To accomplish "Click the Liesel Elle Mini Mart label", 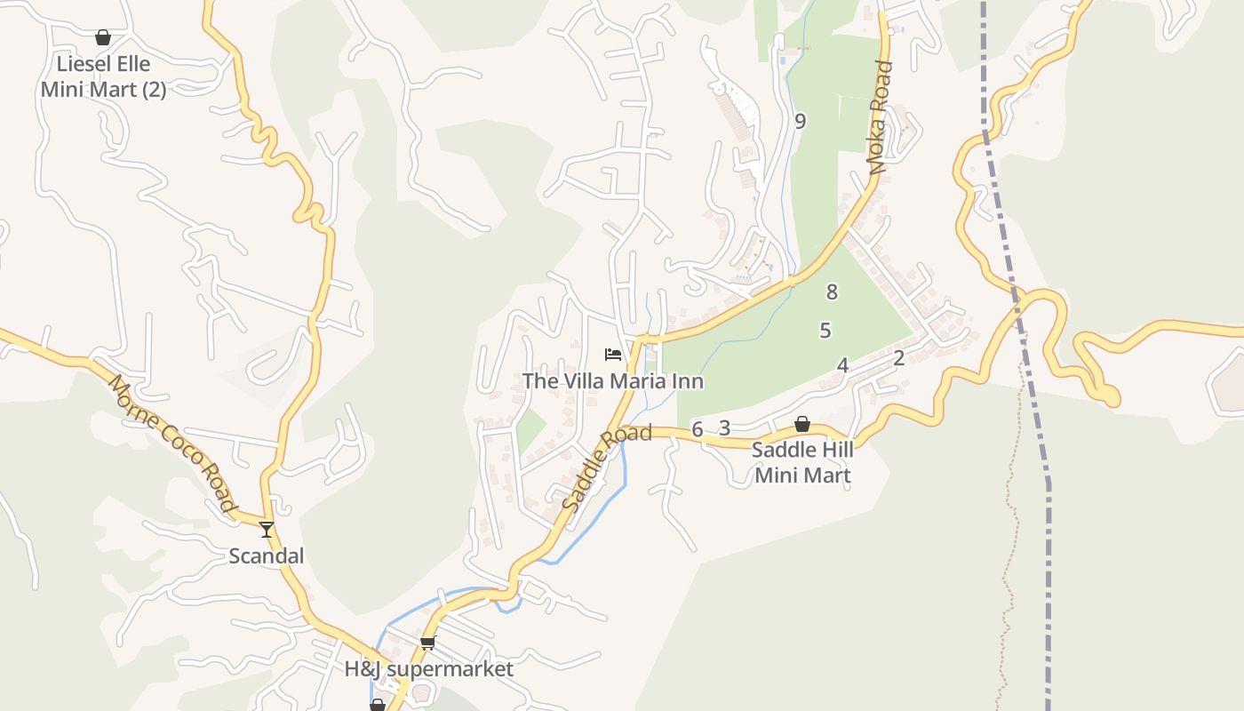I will pos(103,76).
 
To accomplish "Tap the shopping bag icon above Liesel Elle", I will pos(103,37).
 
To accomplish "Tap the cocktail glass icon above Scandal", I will pos(266,530).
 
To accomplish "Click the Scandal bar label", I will pos(266,556).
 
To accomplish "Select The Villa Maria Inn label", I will pos(613,381).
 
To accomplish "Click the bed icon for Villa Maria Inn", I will pos(613,355).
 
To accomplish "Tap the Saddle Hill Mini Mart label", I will pos(802,462).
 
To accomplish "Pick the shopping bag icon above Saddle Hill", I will pos(801,424).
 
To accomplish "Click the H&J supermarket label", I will pos(428,669).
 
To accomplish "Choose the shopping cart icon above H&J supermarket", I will pos(428,643).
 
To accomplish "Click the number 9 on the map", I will pos(800,122).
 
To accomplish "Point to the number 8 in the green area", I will pos(832,292).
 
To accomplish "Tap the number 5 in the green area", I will pos(825,331).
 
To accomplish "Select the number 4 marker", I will pos(843,365).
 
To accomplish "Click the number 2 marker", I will pos(898,358).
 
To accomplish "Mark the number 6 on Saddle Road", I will pos(698,430).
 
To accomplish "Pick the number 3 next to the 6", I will pos(724,428).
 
